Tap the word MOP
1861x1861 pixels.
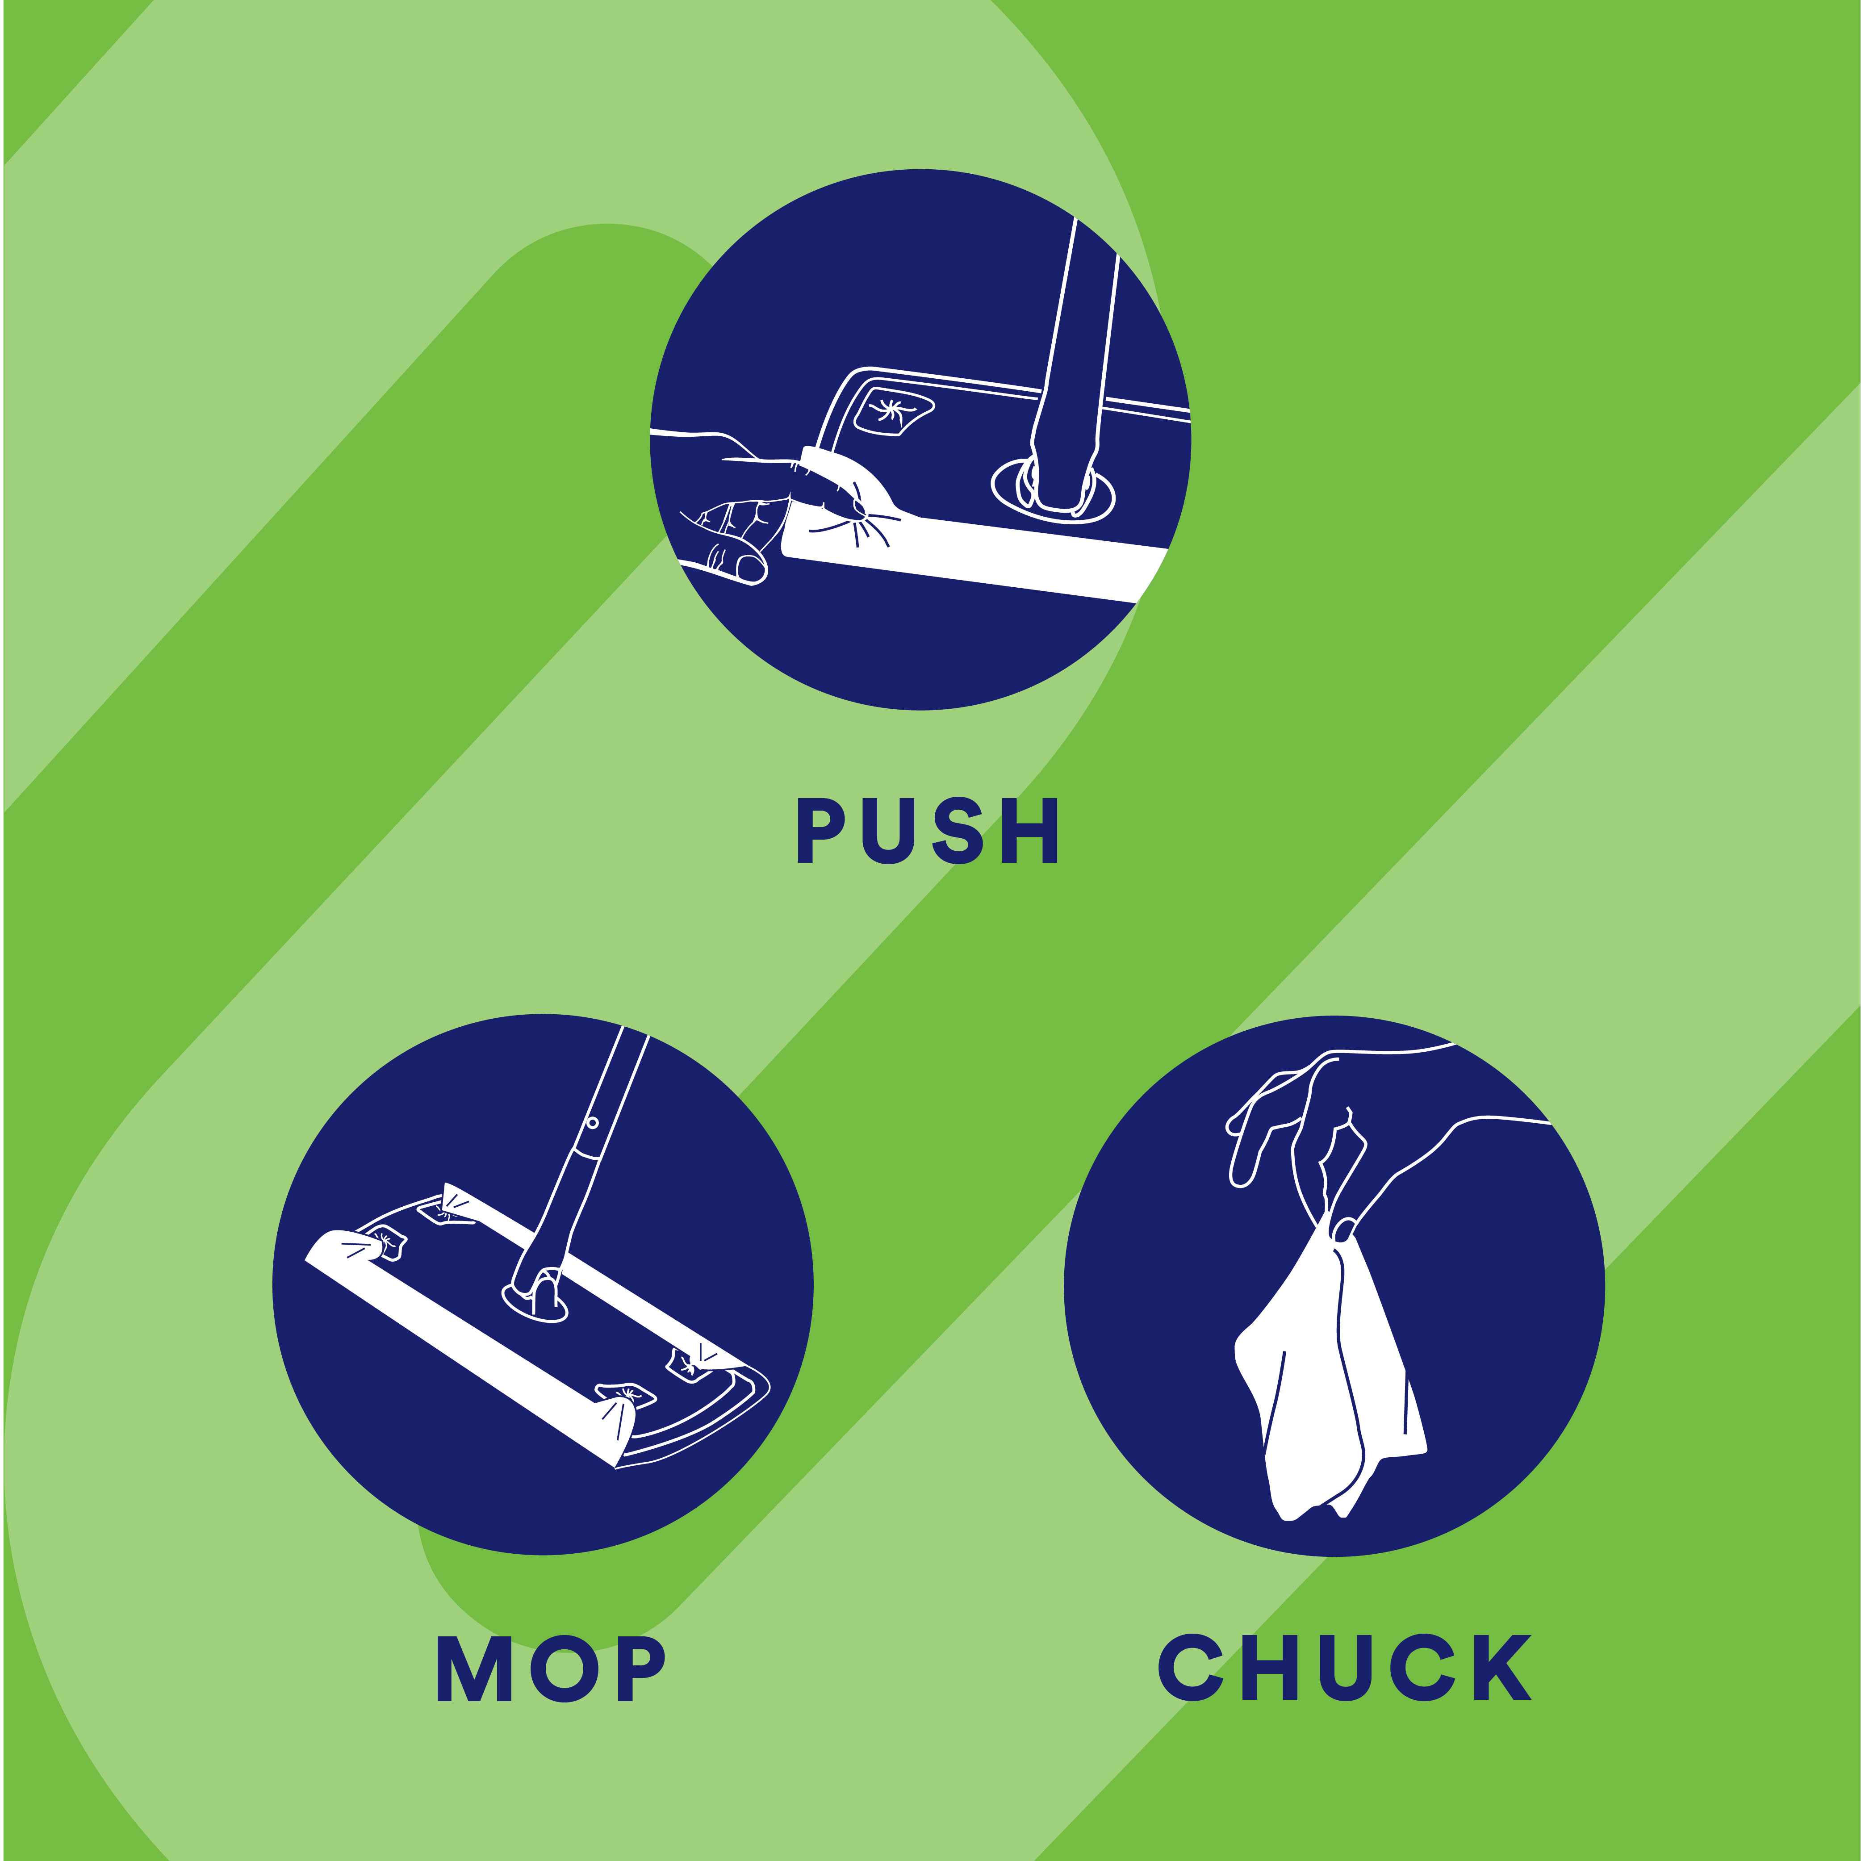coord(550,1669)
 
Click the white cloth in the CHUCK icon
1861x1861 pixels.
coord(1329,1387)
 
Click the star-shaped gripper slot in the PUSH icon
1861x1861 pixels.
coord(891,412)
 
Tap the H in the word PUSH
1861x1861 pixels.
coord(1031,830)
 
